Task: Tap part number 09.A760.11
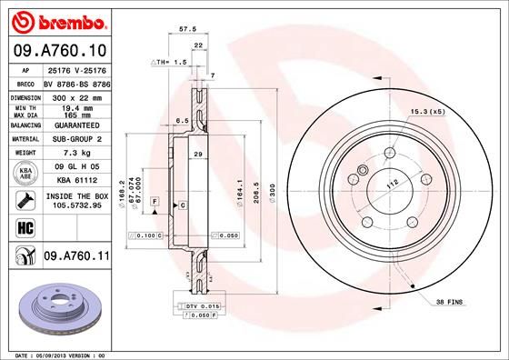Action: tap(76, 257)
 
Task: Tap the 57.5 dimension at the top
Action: tap(188, 29)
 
